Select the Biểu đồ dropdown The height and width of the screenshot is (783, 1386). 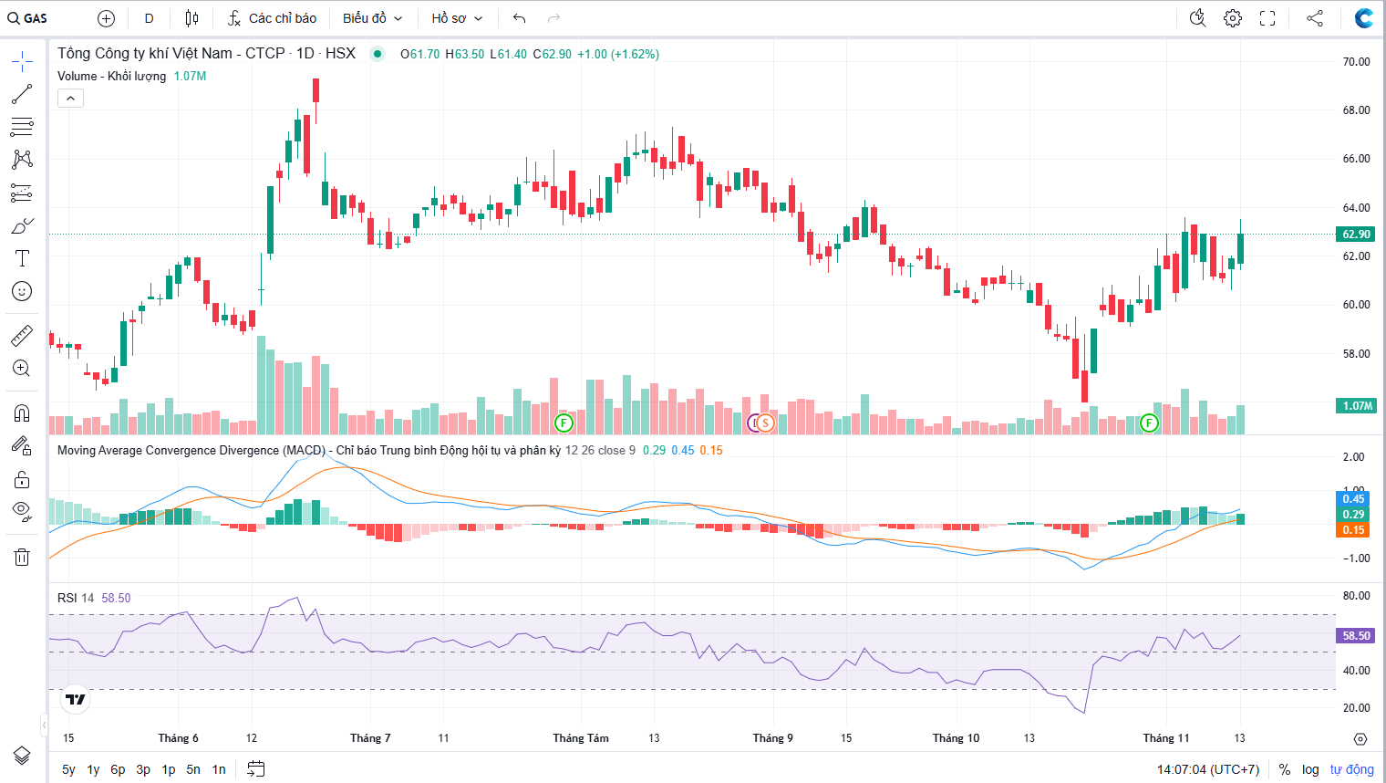click(x=372, y=18)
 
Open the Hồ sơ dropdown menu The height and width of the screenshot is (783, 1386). click(x=457, y=18)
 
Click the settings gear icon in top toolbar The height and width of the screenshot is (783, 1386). click(x=1233, y=18)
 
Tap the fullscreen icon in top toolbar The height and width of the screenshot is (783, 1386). click(x=1267, y=18)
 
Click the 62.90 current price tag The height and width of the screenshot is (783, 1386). click(x=1356, y=235)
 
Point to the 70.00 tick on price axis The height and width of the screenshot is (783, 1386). click(x=1356, y=62)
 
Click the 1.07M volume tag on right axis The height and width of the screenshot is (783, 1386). click(x=1357, y=406)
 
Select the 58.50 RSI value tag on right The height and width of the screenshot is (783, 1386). click(x=1356, y=636)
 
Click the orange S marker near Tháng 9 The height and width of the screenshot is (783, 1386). click(x=765, y=423)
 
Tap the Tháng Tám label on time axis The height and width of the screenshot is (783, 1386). click(x=581, y=738)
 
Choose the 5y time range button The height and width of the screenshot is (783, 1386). click(x=68, y=769)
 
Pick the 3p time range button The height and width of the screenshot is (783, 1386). click(x=143, y=769)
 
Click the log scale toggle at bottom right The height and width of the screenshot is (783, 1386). click(x=1310, y=769)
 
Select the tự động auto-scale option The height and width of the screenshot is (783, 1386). click(x=1351, y=769)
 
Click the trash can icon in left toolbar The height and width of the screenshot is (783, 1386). click(x=22, y=557)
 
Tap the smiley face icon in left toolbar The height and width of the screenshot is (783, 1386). click(x=22, y=291)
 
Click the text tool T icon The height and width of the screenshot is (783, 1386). click(x=22, y=258)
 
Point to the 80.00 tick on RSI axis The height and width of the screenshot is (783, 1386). click(x=1356, y=596)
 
